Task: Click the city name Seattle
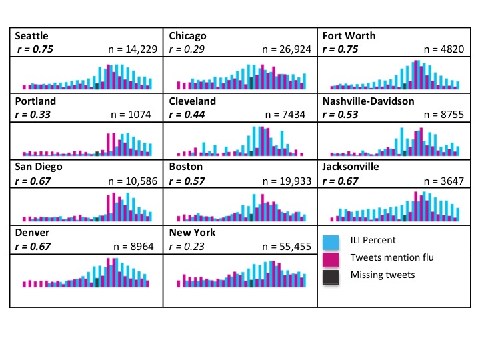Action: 31,36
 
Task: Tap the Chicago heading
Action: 187,36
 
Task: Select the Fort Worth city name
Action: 349,36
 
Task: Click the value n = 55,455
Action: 287,246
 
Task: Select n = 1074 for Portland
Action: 134,114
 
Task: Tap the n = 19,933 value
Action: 287,180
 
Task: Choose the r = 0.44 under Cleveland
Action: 187,114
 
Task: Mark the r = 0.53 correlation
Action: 340,114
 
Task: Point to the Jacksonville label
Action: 351,167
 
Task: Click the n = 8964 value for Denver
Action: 134,246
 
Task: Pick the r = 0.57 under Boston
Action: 187,180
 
